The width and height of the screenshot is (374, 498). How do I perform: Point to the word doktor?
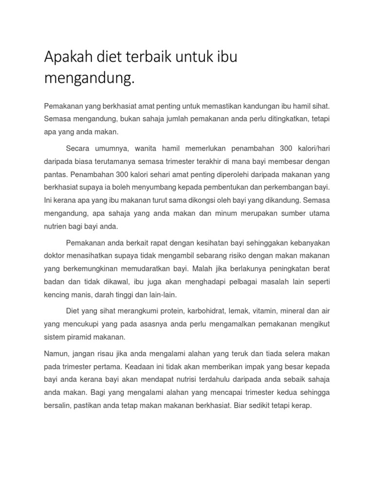coord(56,255)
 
